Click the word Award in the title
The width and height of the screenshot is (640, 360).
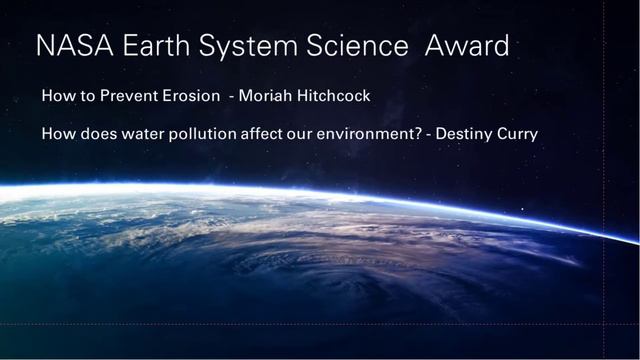[467, 45]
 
